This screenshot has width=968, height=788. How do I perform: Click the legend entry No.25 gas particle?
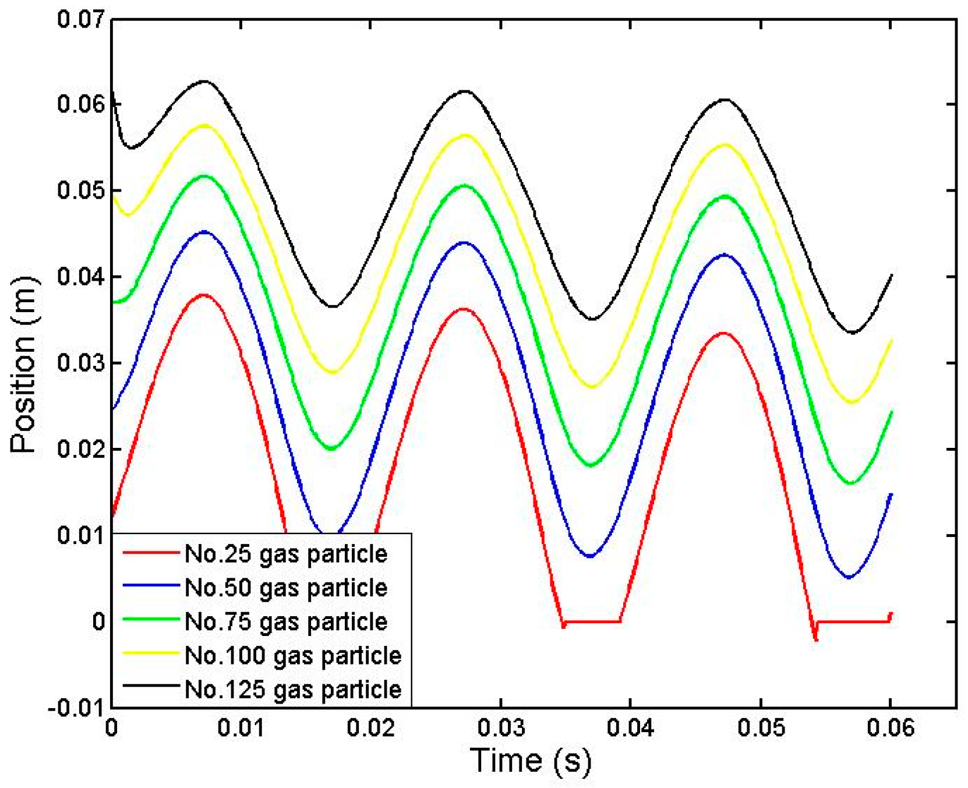coord(285,554)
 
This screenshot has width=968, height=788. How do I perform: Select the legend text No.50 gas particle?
coord(285,588)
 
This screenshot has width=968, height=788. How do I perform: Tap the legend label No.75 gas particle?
coord(285,621)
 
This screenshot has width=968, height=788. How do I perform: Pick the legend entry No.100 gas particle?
coord(292,656)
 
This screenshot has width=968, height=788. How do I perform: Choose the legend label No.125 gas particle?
coord(292,690)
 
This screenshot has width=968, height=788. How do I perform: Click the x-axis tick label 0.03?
coord(501,728)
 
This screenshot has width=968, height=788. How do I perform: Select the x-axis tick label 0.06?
coord(890,728)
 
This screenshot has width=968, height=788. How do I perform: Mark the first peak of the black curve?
coord(204,81)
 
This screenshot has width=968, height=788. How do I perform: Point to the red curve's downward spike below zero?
coord(815,640)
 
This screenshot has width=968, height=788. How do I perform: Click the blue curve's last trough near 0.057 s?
coord(849,578)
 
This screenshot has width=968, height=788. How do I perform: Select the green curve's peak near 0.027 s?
coord(465,185)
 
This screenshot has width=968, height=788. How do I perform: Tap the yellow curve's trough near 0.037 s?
coord(592,387)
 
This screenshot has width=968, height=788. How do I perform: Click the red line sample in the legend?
coord(150,552)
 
